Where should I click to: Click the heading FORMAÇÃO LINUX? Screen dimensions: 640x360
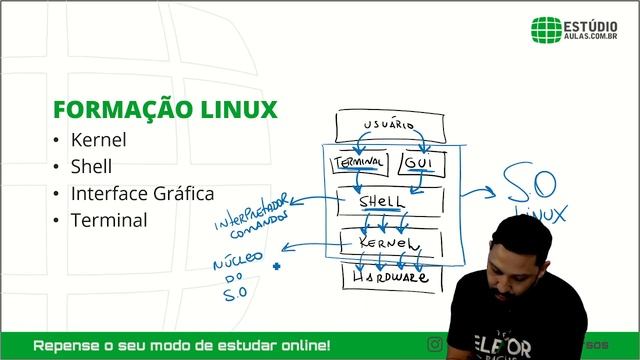click(x=165, y=109)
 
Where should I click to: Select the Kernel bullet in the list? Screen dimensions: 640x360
click(x=98, y=140)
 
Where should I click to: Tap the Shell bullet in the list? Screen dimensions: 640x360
click(x=91, y=166)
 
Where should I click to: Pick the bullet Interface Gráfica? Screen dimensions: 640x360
click(x=142, y=193)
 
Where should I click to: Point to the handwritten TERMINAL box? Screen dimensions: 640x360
click(x=358, y=161)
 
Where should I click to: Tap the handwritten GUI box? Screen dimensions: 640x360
click(x=418, y=162)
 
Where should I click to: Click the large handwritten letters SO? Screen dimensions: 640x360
click(x=529, y=186)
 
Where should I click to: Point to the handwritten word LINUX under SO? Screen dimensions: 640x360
click(x=540, y=214)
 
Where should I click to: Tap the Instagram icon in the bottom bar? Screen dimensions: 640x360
click(x=434, y=345)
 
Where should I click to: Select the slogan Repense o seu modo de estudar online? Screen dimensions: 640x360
click(x=182, y=346)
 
